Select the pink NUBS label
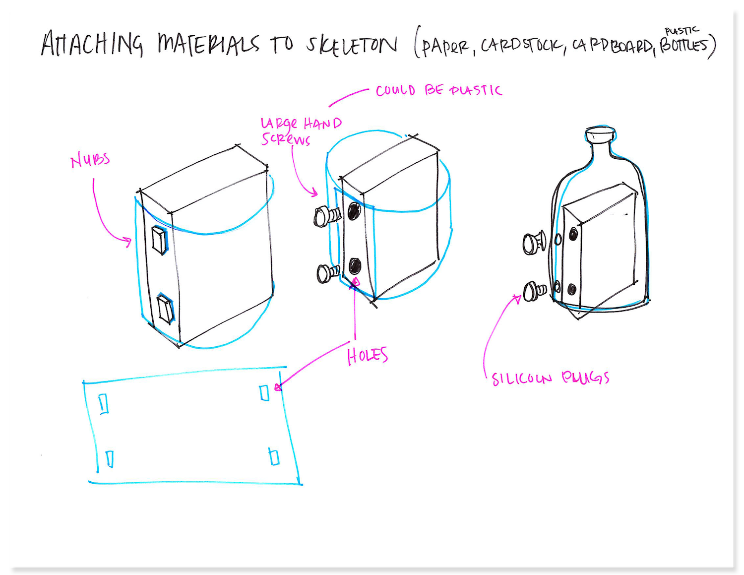tap(90, 161)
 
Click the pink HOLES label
tap(367, 356)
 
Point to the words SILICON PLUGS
tap(550, 379)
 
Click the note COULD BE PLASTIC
tap(438, 91)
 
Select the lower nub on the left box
tap(165, 309)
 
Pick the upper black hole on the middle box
tap(354, 211)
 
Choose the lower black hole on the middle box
tap(355, 266)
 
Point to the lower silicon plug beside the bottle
tap(535, 291)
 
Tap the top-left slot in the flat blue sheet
tap(104, 403)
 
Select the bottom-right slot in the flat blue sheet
tap(274, 456)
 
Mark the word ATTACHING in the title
tap(92, 44)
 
